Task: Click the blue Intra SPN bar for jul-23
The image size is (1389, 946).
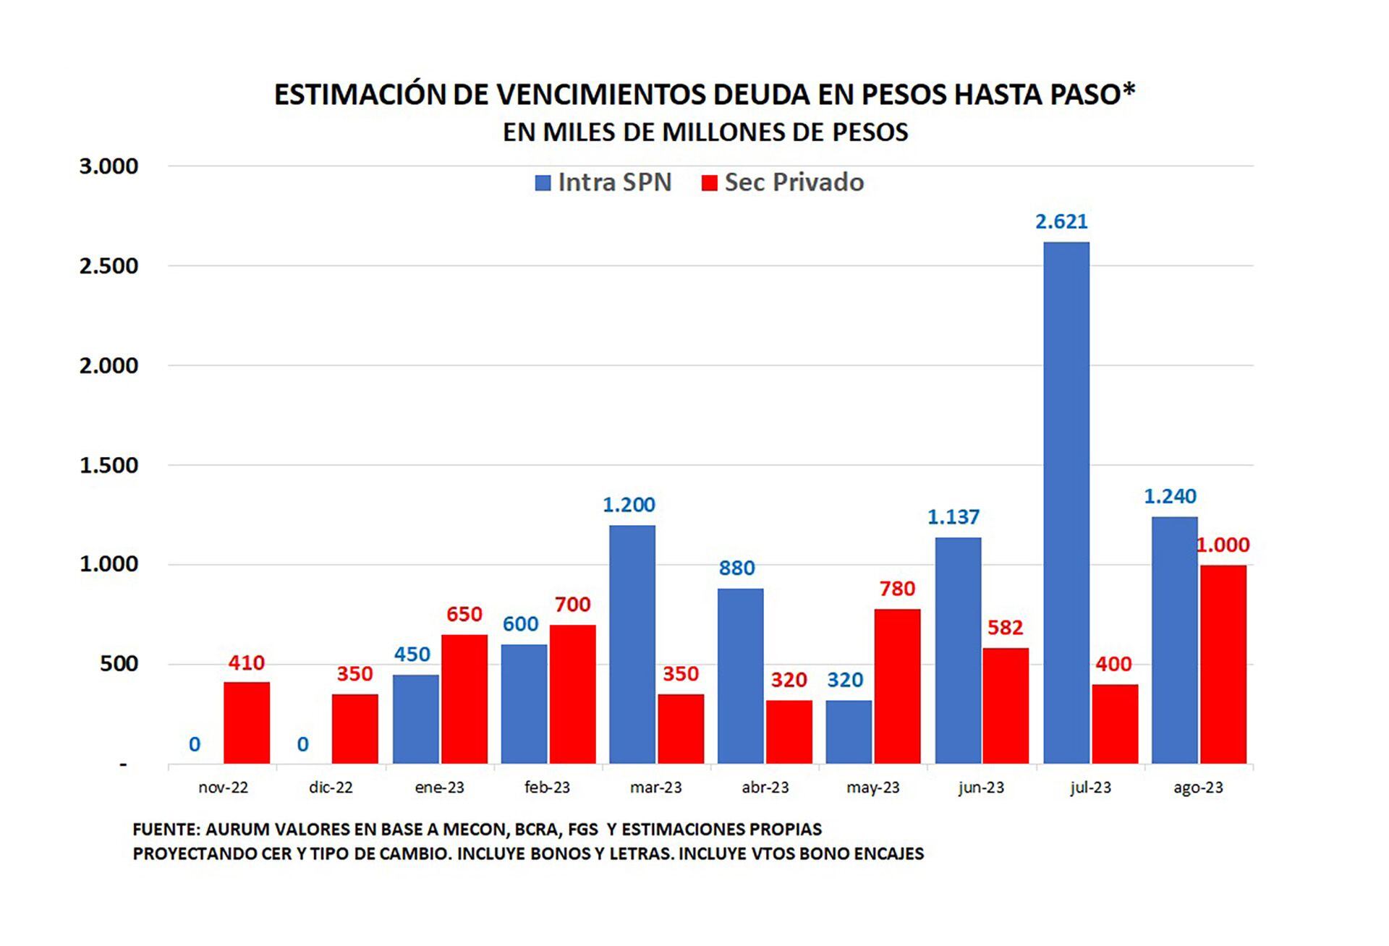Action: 1066,503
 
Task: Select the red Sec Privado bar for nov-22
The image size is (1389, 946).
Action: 246,723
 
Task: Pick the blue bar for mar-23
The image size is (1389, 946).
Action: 632,644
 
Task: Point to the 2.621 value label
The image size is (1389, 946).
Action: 1061,221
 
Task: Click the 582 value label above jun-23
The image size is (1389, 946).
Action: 1005,628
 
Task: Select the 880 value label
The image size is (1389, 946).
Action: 736,568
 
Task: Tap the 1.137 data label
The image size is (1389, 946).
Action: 953,517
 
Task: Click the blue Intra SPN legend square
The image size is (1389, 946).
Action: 543,183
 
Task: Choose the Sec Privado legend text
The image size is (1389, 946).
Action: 794,182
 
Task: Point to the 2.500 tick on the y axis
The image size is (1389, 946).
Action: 109,266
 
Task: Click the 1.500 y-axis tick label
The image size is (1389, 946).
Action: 109,466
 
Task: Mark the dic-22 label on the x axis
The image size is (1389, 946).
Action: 331,788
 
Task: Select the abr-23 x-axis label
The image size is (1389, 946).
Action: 765,788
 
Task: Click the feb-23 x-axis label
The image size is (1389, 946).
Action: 547,788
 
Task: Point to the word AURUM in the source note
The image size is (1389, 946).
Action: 231,830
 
